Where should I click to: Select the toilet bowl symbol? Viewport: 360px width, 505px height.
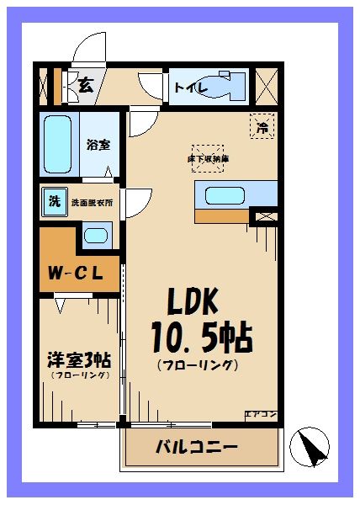224,87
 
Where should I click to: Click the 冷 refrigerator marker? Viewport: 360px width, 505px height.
262,128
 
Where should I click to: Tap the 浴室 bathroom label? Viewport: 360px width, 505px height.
98,144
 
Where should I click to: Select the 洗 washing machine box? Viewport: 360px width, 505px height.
54,202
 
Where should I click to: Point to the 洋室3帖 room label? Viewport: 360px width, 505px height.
78,359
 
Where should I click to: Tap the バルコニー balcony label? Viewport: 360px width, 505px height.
197,446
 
